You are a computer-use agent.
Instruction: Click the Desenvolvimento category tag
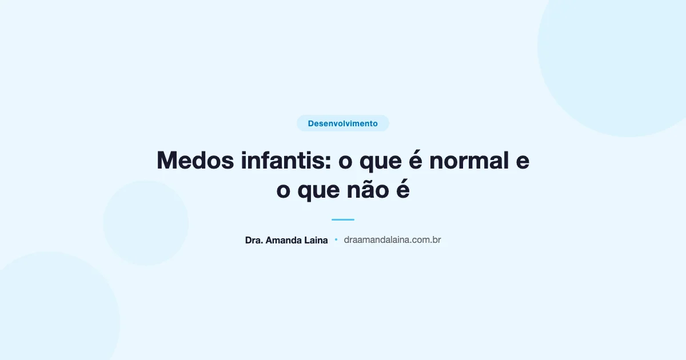point(342,123)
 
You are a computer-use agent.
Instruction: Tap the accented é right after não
point(403,190)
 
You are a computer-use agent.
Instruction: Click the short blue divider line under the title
point(343,219)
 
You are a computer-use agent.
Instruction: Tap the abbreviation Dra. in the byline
point(254,241)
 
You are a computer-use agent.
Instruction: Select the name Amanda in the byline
point(285,241)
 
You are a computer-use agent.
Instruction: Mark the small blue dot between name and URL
point(336,240)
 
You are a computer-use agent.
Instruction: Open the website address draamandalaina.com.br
point(392,241)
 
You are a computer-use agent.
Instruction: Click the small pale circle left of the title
point(146,223)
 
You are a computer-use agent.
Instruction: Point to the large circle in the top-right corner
point(623,51)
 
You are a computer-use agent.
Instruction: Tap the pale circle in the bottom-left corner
point(51,314)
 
